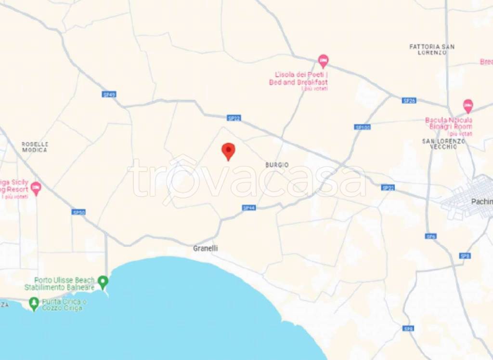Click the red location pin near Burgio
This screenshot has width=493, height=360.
pos(228,151)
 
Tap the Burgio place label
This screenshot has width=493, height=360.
pos(277,165)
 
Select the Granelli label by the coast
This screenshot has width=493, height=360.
pos(205,248)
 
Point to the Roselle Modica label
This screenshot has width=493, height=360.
pos(35,147)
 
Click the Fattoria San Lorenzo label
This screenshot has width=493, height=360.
pos(432,50)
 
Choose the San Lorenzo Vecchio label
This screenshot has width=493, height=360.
pos(443,144)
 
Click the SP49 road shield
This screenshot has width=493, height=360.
pos(109,94)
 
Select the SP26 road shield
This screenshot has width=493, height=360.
pos(409,100)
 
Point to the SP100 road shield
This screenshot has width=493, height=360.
pos(362,127)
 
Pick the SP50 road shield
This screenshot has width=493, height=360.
pos(78,212)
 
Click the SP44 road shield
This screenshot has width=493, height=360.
pos(248,208)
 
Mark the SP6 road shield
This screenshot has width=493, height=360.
pos(430,237)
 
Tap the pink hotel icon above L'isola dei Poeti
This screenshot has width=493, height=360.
pos(324,61)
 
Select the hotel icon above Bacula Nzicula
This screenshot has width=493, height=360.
pos(467,106)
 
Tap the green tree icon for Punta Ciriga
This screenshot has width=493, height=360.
pos(34,303)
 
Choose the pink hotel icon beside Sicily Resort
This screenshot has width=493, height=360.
pos(36,188)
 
